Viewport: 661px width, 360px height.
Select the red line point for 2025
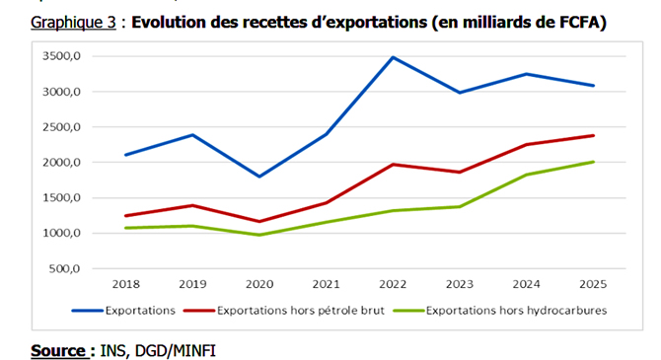(594, 135)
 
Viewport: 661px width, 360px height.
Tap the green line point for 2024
(527, 175)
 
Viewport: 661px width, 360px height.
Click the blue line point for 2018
(126, 155)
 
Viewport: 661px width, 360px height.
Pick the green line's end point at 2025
(594, 162)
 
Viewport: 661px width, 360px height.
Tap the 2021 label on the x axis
(327, 285)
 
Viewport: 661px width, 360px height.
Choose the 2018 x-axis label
(126, 285)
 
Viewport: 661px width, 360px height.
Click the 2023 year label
(460, 285)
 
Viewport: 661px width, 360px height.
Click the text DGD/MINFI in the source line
(187, 350)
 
